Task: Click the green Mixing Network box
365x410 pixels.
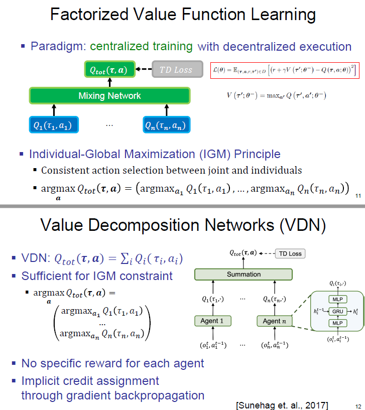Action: (x=109, y=95)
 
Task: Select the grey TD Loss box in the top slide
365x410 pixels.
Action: (x=176, y=70)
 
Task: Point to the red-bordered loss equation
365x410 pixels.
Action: (x=285, y=69)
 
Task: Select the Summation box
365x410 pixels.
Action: (x=244, y=275)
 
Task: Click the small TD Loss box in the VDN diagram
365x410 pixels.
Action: (x=290, y=253)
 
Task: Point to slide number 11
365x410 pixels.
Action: (x=357, y=195)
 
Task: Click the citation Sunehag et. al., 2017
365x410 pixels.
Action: (x=282, y=404)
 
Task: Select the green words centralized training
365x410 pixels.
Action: (x=141, y=47)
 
